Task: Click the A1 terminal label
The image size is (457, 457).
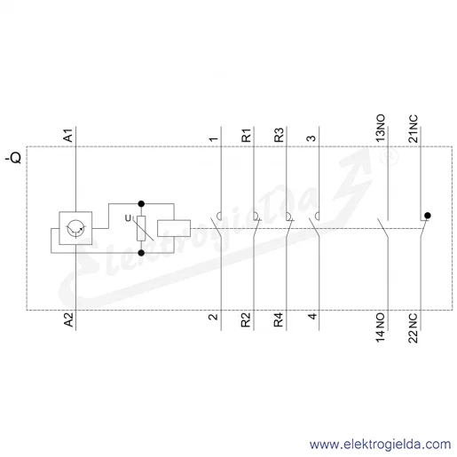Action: (68, 135)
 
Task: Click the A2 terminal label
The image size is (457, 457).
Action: (68, 319)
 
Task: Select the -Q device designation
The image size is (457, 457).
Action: (13, 158)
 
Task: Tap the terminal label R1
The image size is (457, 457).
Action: (246, 135)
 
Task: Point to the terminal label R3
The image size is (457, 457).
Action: (279, 135)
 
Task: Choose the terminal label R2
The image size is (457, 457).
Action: (246, 320)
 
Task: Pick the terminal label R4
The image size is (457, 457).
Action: (279, 320)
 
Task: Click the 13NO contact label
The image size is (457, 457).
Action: (381, 128)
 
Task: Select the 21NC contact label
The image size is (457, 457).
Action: (414, 129)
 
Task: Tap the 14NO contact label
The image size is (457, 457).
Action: (381, 327)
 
